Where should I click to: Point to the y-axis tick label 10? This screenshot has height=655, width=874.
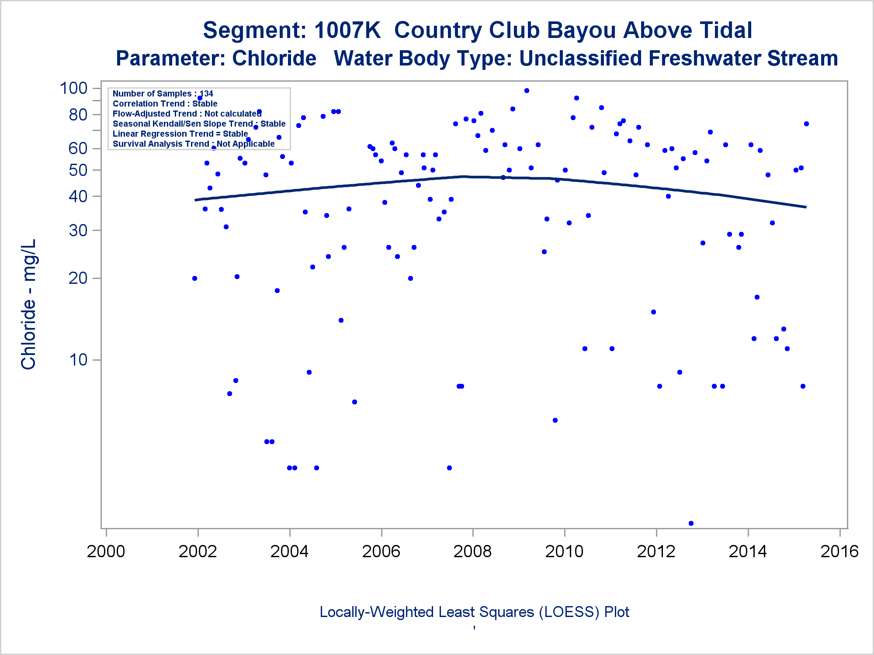click(x=78, y=360)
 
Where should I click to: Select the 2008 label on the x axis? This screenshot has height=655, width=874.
click(x=472, y=552)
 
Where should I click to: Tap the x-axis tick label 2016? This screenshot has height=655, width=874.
click(x=839, y=552)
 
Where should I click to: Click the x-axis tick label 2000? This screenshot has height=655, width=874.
click(x=106, y=552)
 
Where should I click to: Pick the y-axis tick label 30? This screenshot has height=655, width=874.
click(x=78, y=231)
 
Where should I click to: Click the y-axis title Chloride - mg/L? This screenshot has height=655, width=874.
click(x=28, y=304)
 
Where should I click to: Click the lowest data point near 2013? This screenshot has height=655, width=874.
click(x=691, y=523)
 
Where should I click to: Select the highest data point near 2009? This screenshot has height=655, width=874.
click(x=527, y=91)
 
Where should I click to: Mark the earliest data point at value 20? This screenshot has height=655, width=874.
click(x=194, y=279)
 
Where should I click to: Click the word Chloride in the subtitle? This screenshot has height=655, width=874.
click(x=274, y=59)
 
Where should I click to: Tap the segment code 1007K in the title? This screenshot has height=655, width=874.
click(x=347, y=31)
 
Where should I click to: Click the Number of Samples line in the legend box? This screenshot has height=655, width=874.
click(x=163, y=93)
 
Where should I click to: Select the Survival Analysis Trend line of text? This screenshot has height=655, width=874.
click(x=194, y=144)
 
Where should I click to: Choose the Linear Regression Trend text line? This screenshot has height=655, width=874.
click(x=180, y=134)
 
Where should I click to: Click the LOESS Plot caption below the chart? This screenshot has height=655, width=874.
click(x=474, y=612)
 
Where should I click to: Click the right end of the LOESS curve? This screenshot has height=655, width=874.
click(x=805, y=207)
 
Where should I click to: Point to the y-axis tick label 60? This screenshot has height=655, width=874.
click(x=78, y=148)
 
